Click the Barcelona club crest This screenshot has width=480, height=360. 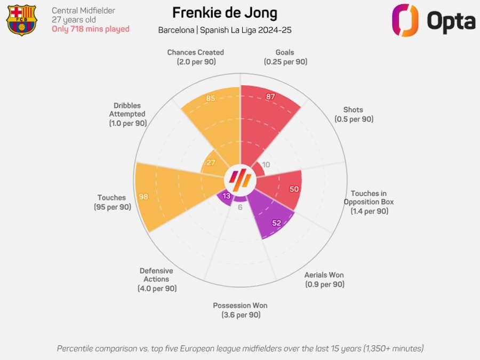point(22,20)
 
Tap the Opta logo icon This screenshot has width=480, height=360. point(405,20)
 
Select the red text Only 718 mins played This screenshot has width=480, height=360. point(90,29)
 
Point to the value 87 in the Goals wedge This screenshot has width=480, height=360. point(270,97)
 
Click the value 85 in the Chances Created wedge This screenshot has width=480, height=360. point(211,98)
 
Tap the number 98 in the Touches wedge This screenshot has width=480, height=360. point(143,197)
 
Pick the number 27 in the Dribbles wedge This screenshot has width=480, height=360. point(211,163)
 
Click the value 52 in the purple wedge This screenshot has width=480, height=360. point(276,223)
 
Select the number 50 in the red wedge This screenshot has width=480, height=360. point(294,189)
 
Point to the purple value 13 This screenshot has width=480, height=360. point(227,196)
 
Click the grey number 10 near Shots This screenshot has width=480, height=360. point(266,165)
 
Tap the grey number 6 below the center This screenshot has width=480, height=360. point(240,207)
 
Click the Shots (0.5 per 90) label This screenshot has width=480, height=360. point(354,115)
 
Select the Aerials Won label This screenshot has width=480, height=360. point(324,279)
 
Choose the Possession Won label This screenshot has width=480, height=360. point(241,310)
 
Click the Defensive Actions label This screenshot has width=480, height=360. point(156,279)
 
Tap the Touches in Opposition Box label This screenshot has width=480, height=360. point(369,202)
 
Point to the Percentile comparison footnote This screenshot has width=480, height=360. point(240,348)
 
